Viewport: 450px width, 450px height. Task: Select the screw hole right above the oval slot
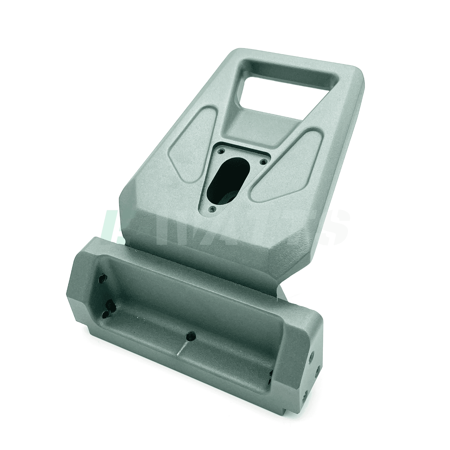[264, 162]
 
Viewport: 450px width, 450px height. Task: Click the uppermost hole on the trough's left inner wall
[102, 278]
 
